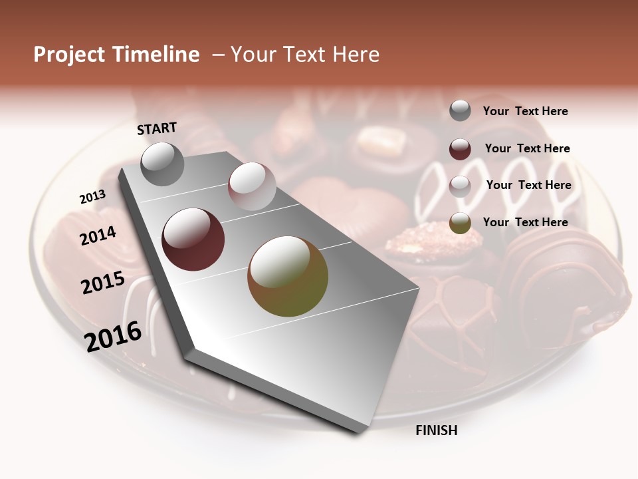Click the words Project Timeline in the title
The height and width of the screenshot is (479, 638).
pyautogui.click(x=116, y=55)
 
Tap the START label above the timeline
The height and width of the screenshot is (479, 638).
pyautogui.click(x=157, y=128)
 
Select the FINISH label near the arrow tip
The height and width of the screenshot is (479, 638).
pyautogui.click(x=437, y=430)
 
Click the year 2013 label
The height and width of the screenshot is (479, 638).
pyautogui.click(x=92, y=197)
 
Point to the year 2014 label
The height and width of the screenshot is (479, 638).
pyautogui.click(x=98, y=236)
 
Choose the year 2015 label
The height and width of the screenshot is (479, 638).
pyautogui.click(x=103, y=283)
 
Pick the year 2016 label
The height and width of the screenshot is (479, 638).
pyautogui.click(x=113, y=336)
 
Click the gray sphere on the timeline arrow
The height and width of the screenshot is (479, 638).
pyautogui.click(x=162, y=164)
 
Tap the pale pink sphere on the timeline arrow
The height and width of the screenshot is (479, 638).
pyautogui.click(x=252, y=186)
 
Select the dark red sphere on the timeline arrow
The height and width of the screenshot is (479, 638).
pyautogui.click(x=193, y=239)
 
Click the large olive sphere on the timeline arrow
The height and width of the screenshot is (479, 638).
pyautogui.click(x=288, y=277)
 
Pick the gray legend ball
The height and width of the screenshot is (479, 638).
pyautogui.click(x=460, y=110)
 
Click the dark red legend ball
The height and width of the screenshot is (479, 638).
pyautogui.click(x=460, y=149)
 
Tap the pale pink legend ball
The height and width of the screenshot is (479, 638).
pyautogui.click(x=460, y=186)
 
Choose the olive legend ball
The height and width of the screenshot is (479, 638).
pyautogui.click(x=460, y=223)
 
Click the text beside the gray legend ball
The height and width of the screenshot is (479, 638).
pyautogui.click(x=526, y=111)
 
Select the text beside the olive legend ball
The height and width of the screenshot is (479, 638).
pyautogui.click(x=526, y=222)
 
